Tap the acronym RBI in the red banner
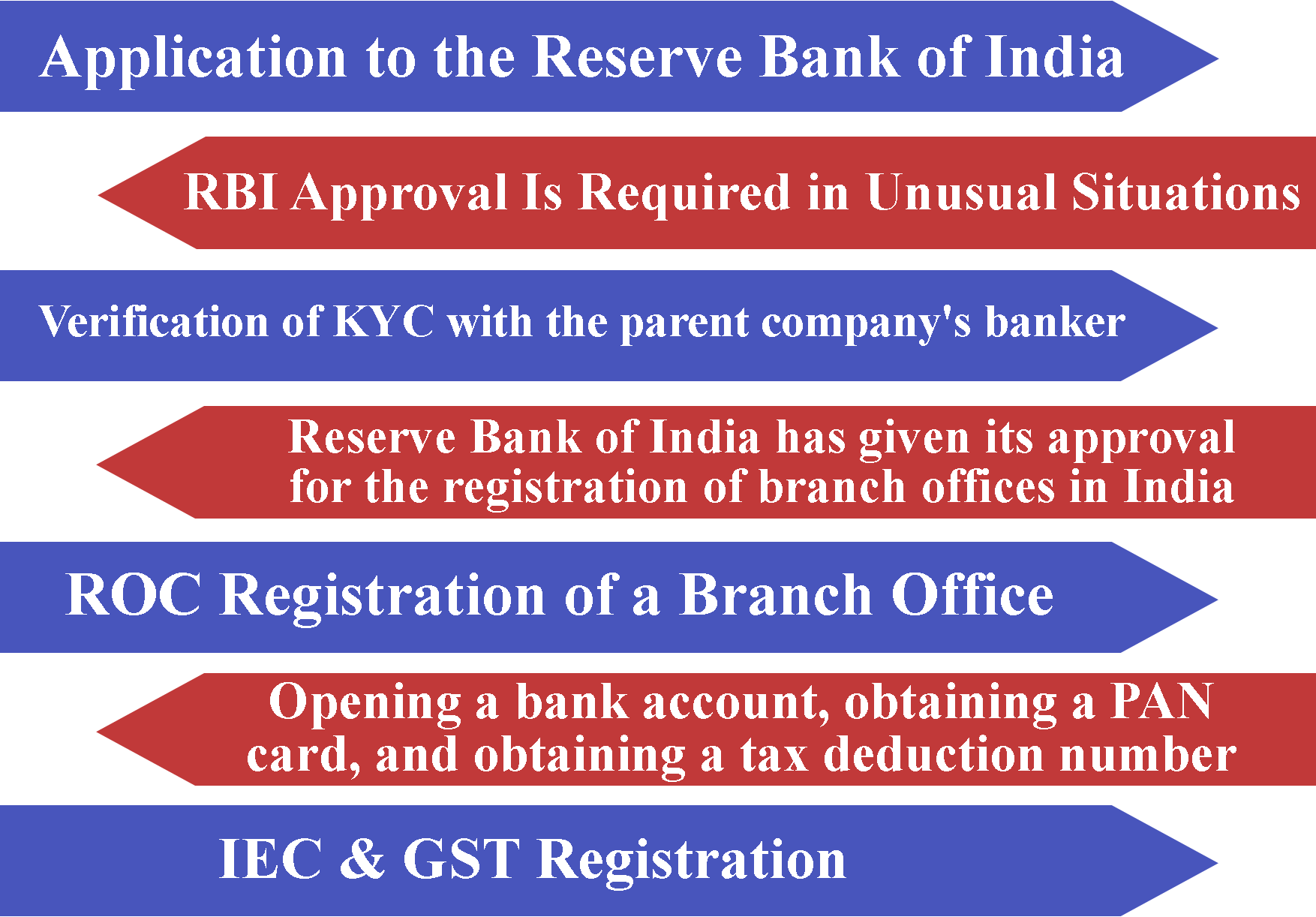pyautogui.click(x=232, y=192)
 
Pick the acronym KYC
pyautogui.click(x=383, y=322)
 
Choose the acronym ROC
pyautogui.click(x=134, y=594)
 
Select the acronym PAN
pyautogui.click(x=1161, y=702)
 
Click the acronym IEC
pyautogui.click(x=271, y=858)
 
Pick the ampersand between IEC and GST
pyautogui.click(x=362, y=858)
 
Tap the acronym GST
pyautogui.click(x=461, y=858)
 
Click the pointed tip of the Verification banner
pyautogui.click(x=1216, y=326)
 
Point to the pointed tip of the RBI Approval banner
pyautogui.click(x=100, y=194)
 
